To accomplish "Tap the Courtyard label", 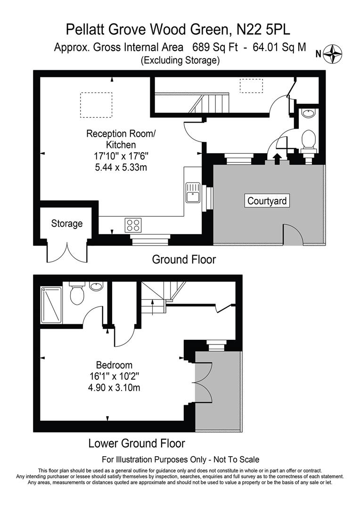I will pyautogui.click(x=267, y=201).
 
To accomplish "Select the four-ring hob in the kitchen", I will pyautogui.click(x=133, y=224).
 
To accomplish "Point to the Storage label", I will pyautogui.click(x=67, y=223).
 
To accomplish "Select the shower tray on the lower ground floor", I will pyautogui.click(x=51, y=303).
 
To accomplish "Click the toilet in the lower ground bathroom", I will pyautogui.click(x=76, y=294).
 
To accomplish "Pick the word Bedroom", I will pyautogui.click(x=114, y=365).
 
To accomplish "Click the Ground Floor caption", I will pyautogui.click(x=184, y=259).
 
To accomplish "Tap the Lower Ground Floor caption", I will pyautogui.click(x=137, y=443).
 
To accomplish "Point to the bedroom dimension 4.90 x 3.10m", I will pyautogui.click(x=114, y=388).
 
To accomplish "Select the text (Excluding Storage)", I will pyautogui.click(x=180, y=60).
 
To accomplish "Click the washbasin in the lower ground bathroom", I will pyautogui.click(x=96, y=286).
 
